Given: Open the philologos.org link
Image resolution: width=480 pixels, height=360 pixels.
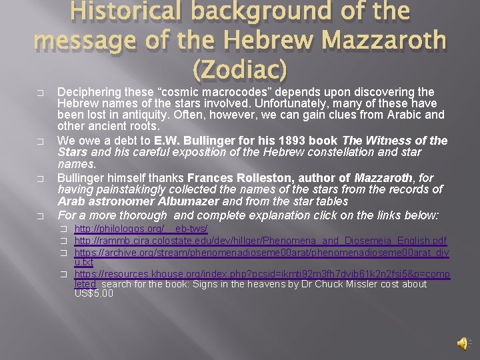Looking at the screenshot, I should point(141,229).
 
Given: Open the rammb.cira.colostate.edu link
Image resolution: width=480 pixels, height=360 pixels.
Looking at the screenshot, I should point(260,240).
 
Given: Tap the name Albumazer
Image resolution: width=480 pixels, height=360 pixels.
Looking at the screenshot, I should point(189,201).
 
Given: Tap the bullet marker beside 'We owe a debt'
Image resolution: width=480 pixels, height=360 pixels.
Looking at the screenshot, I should point(41,141).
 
